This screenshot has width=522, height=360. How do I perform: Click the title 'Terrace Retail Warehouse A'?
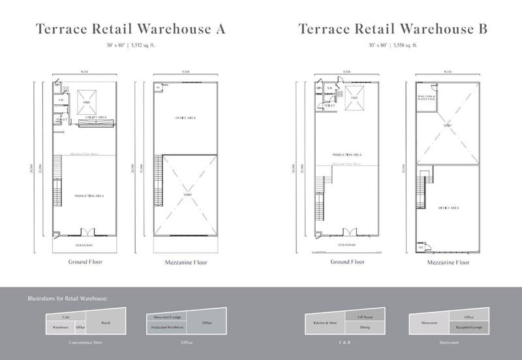coord(130,29)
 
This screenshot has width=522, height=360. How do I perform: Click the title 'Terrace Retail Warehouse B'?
coord(391,29)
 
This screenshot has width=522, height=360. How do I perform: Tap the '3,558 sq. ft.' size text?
coord(403,46)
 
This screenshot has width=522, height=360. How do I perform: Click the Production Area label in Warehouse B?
coord(346,155)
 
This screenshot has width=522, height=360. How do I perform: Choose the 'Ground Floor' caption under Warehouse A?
coord(85,262)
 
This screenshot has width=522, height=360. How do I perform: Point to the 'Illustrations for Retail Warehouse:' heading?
coord(67,299)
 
